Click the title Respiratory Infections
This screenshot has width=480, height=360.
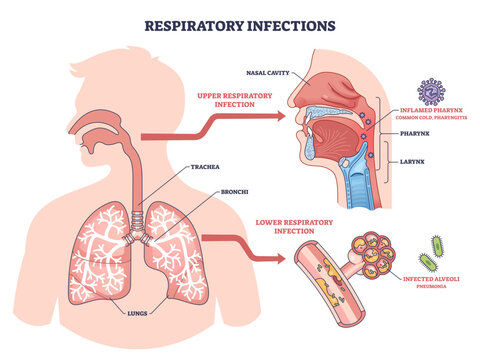pos(239,23)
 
